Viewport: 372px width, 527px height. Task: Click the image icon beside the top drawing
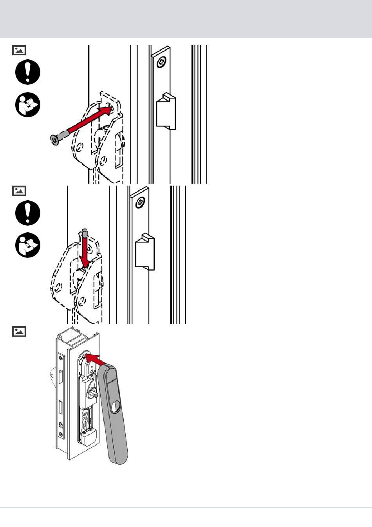[19, 50]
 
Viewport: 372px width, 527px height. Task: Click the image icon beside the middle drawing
[19, 191]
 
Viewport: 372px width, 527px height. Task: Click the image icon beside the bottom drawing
[19, 332]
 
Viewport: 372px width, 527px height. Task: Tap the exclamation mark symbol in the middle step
[28, 213]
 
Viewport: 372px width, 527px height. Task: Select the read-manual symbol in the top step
[28, 105]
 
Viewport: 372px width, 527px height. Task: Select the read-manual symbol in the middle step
[28, 245]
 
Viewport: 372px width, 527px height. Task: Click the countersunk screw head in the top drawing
[54, 139]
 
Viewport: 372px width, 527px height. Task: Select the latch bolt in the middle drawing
[145, 252]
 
